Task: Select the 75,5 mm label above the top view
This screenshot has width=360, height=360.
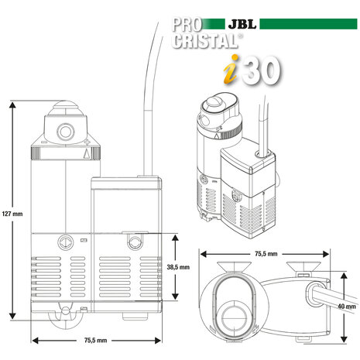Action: tap(266, 252)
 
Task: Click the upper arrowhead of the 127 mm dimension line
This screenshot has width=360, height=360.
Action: tap(12, 103)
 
